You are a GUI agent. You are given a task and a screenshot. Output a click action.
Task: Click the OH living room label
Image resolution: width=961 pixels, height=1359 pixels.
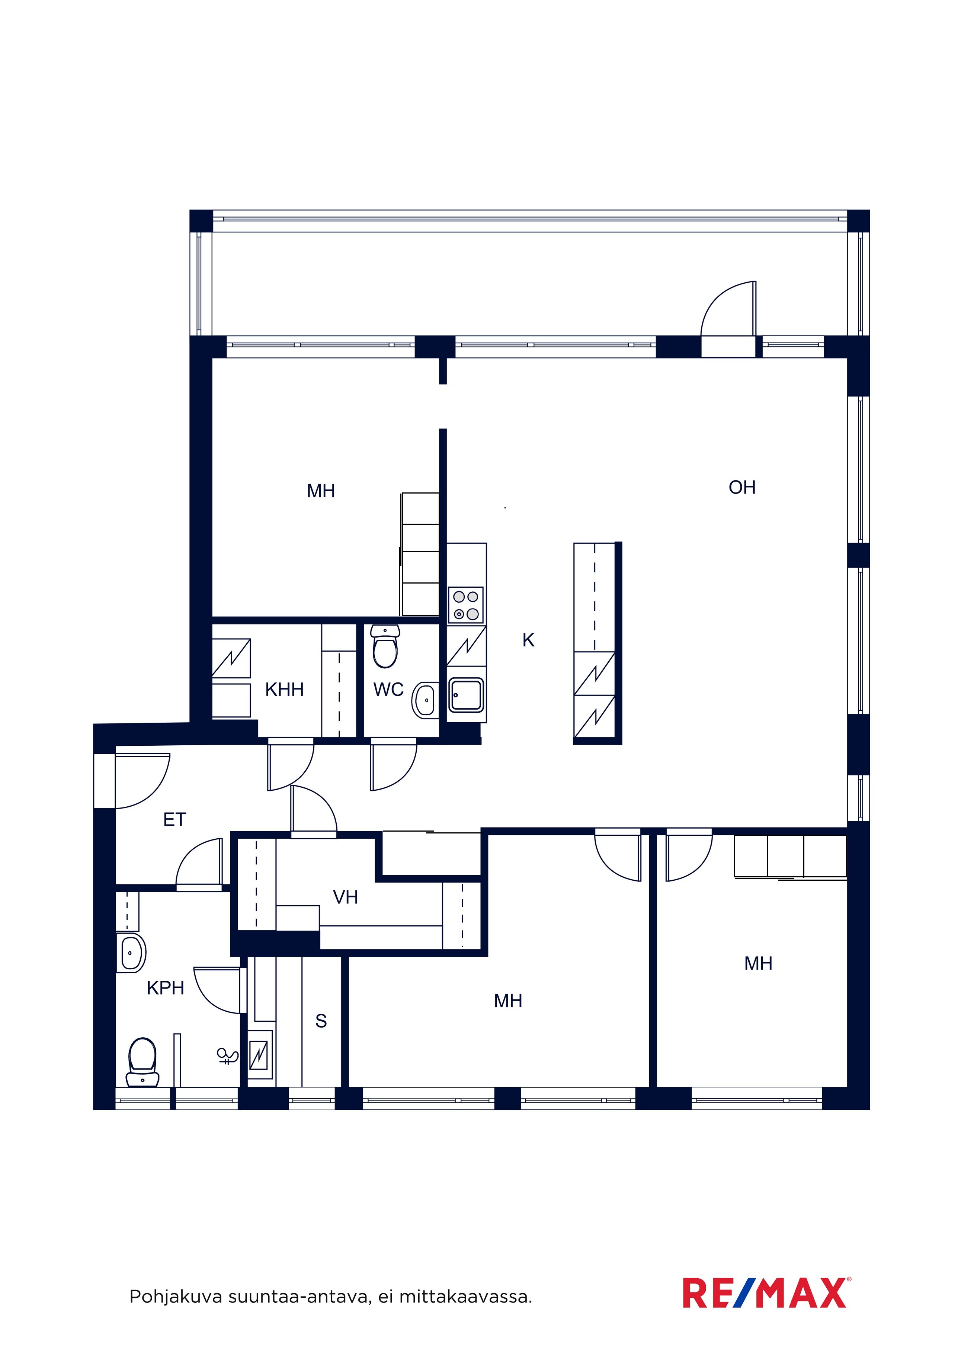pyautogui.click(x=742, y=487)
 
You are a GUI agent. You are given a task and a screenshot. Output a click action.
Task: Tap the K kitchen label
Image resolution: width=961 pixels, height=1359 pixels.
pyautogui.click(x=528, y=640)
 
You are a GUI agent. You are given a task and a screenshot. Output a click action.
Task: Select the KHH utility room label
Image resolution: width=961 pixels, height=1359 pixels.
pyautogui.click(x=284, y=690)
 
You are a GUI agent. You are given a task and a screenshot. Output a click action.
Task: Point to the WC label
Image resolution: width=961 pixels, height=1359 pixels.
pyautogui.click(x=388, y=690)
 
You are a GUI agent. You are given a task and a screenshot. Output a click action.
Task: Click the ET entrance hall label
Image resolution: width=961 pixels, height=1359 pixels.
pyautogui.click(x=174, y=819)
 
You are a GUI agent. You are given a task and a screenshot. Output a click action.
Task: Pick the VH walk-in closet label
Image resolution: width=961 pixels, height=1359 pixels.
pyautogui.click(x=345, y=897)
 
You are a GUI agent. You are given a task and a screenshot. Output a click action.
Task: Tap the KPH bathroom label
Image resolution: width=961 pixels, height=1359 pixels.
pyautogui.click(x=165, y=988)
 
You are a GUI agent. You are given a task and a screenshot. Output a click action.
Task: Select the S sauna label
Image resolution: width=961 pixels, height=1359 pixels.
pyautogui.click(x=321, y=1021)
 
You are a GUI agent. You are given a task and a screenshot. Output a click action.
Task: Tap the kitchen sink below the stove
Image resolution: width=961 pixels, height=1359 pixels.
pyautogui.click(x=467, y=695)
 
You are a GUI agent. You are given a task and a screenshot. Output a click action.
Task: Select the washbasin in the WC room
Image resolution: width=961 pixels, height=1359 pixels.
pyautogui.click(x=426, y=700)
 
